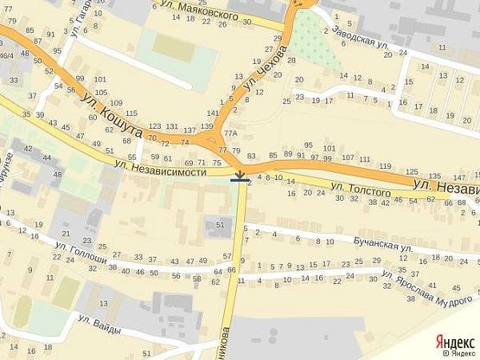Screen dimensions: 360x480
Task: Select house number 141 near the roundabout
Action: point(213,113)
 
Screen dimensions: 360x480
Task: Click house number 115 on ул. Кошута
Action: point(131,113)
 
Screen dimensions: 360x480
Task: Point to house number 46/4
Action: point(6,55)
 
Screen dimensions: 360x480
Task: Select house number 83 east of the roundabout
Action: point(252,156)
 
